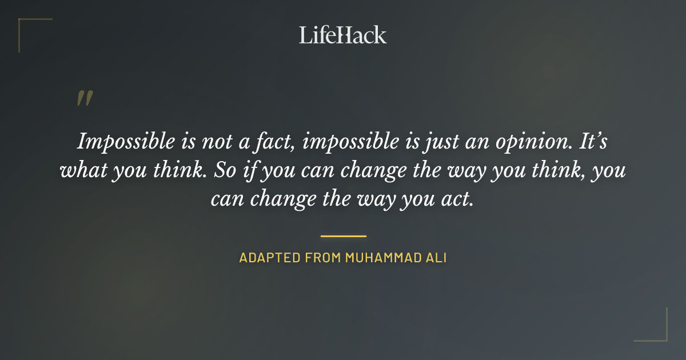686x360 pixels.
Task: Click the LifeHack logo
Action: pyautogui.click(x=343, y=35)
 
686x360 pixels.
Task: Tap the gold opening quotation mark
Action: pyautogui.click(x=84, y=99)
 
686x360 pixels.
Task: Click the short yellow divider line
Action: pyautogui.click(x=343, y=235)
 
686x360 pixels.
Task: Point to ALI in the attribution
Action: pyautogui.click(x=437, y=258)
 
